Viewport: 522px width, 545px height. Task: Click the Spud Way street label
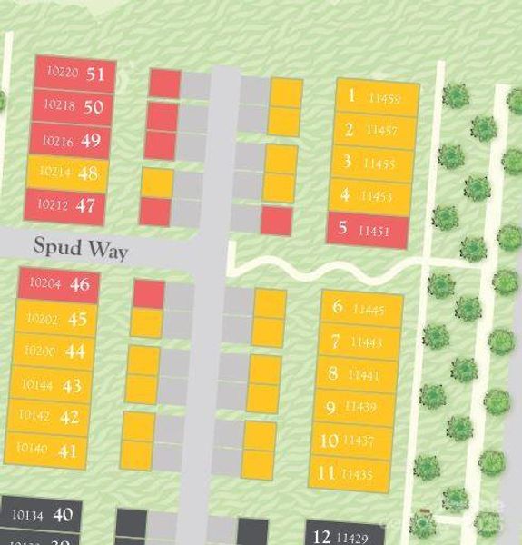point(81,247)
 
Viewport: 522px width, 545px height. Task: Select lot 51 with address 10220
point(75,74)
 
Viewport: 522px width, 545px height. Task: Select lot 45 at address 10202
point(56,319)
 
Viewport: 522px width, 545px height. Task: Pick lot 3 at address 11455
point(372,163)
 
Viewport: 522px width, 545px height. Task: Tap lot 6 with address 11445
point(360,309)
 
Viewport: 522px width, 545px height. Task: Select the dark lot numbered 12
point(345,536)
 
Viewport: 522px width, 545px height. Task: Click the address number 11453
point(377,196)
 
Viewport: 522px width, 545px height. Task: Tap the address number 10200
point(40,352)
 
